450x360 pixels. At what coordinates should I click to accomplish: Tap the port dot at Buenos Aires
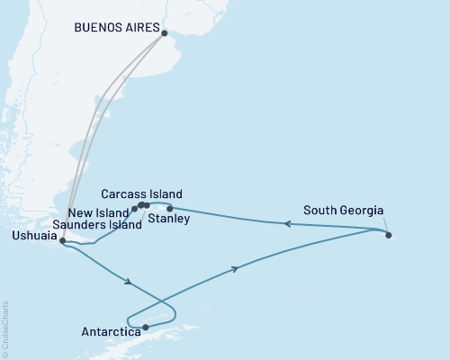pos(164,34)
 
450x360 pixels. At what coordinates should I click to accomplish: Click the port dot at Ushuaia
pos(62,241)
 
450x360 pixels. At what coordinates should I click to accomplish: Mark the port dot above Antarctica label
pos(145,328)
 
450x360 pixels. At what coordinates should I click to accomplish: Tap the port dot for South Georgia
pos(389,236)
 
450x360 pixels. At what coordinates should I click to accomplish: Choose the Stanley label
pos(168,219)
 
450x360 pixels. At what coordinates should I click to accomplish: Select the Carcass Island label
pos(141,193)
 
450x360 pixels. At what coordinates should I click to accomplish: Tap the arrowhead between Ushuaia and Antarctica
pos(131,283)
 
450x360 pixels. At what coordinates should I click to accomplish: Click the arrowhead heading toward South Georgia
pos(236,268)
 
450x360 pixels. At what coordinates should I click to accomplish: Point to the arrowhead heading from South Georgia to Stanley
pos(288,224)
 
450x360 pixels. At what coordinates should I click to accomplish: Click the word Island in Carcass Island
pos(166,193)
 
